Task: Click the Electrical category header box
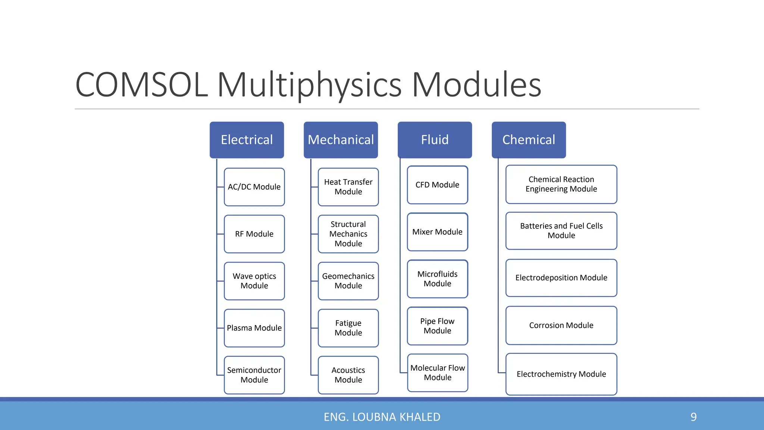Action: coord(247,140)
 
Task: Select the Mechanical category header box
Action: coord(341,140)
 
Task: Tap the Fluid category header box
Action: coord(435,140)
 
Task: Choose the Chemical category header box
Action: coord(529,140)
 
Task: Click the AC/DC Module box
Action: coord(254,187)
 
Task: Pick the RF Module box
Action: coord(254,234)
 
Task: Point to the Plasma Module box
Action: coord(254,328)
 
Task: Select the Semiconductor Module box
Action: coord(254,375)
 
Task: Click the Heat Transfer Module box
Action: coord(348,187)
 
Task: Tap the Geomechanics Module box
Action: coord(348,281)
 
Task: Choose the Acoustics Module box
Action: coord(348,375)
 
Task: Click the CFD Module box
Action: coord(437,185)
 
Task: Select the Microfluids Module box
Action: coord(437,279)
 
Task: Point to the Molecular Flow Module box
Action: coord(437,373)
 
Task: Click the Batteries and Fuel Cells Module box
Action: coord(561,231)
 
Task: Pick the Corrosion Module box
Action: coord(561,325)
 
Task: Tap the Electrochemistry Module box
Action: coord(561,374)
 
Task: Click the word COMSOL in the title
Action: coord(141,85)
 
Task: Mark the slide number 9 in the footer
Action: coord(693,417)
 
